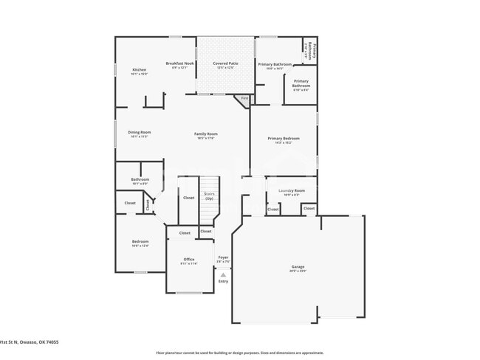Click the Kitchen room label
[x=140, y=69]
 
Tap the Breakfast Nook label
[x=179, y=64]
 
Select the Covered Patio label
[x=225, y=64]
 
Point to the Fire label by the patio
[x=244, y=97]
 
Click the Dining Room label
[x=140, y=132]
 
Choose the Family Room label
[x=206, y=134]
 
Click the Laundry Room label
[x=291, y=190]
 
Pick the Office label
[x=189, y=260]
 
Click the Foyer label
[x=223, y=257]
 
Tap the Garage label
[x=298, y=266]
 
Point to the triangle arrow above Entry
[x=223, y=274]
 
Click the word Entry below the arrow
[x=223, y=281]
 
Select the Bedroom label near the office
[x=140, y=241]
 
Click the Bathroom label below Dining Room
[x=140, y=179]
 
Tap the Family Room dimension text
[x=206, y=138]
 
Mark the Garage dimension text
[x=298, y=271]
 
